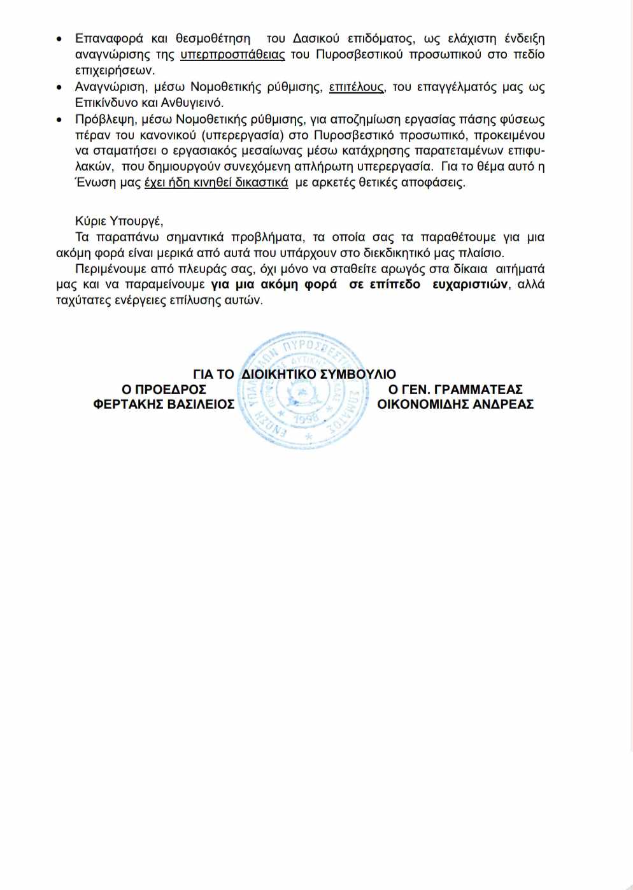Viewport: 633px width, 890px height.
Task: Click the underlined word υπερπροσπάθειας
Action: (x=232, y=55)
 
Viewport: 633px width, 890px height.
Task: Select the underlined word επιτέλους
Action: (x=356, y=87)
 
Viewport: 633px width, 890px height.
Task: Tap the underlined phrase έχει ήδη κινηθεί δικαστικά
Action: (x=216, y=183)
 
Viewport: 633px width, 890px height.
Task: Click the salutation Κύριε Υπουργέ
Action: (x=119, y=221)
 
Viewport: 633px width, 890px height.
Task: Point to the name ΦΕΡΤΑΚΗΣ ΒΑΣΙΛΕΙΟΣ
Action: (x=164, y=404)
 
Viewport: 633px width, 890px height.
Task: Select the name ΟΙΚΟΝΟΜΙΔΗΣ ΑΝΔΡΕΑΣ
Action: (x=455, y=404)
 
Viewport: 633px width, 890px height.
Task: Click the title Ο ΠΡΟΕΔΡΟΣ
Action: (x=164, y=390)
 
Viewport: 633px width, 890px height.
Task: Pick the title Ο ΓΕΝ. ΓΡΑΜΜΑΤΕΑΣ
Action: (x=455, y=390)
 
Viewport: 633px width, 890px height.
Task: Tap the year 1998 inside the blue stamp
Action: (x=306, y=419)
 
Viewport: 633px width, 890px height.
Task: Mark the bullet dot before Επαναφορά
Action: (x=59, y=39)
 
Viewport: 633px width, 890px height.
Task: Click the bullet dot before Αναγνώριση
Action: (x=59, y=87)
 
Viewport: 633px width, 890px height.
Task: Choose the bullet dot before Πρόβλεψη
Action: (x=59, y=120)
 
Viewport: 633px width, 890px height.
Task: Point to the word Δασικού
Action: (x=316, y=39)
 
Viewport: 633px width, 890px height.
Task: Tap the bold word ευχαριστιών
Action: (x=470, y=285)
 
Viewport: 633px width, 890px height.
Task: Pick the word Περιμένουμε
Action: (x=110, y=269)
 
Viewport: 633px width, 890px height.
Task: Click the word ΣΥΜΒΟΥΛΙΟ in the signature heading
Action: (x=358, y=374)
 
